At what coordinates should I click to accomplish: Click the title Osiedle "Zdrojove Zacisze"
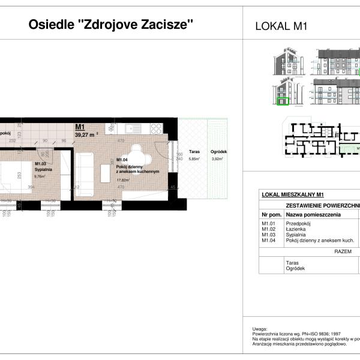click(111, 25)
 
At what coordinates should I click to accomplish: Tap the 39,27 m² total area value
click(86, 135)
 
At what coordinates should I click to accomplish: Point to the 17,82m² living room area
click(122, 179)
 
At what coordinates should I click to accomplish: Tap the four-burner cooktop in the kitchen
click(155, 128)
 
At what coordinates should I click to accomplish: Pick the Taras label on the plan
click(193, 152)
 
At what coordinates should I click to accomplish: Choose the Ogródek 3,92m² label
click(217, 155)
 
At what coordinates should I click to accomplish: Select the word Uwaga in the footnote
click(259, 329)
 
